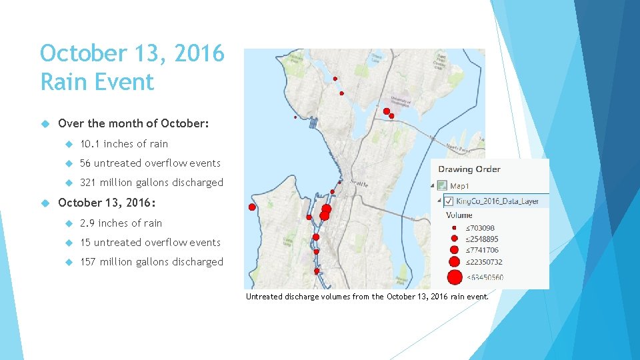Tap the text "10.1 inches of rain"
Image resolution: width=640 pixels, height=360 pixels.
pyautogui.click(x=124, y=144)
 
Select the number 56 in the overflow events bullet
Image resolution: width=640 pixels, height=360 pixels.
pyautogui.click(x=86, y=163)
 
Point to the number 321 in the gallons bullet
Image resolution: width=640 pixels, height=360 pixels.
pyautogui.click(x=89, y=183)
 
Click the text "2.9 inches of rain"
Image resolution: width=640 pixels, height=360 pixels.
pyautogui.click(x=121, y=223)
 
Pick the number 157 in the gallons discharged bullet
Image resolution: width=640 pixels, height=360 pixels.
pyautogui.click(x=89, y=262)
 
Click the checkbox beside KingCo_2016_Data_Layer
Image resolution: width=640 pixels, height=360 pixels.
pyautogui.click(x=449, y=201)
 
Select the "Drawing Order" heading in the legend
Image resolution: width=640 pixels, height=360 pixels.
pyautogui.click(x=469, y=169)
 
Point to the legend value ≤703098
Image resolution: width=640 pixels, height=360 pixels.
pyautogui.click(x=480, y=228)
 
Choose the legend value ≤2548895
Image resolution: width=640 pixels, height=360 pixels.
pyautogui.click(x=482, y=239)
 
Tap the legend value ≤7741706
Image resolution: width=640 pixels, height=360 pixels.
pyautogui.click(x=482, y=250)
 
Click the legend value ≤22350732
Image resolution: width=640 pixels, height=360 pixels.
pyautogui.click(x=484, y=261)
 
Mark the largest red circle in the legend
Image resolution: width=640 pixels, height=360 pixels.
pyautogui.click(x=455, y=277)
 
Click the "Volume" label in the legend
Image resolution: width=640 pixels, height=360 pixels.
pyautogui.click(x=459, y=215)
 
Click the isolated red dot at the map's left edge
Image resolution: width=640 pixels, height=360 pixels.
pyautogui.click(x=252, y=207)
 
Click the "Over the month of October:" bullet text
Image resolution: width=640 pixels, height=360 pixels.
pyautogui.click(x=134, y=124)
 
